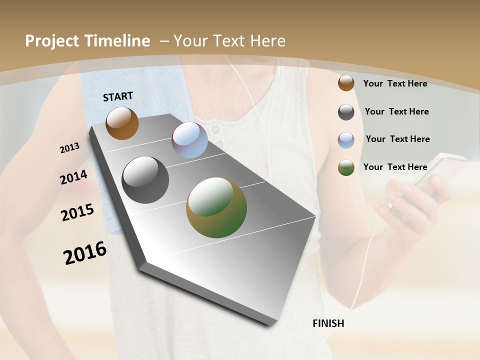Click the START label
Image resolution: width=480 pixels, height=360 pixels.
coord(118,96)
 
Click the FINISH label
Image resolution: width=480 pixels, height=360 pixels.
coord(328,323)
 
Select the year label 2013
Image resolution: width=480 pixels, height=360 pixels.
coord(69,148)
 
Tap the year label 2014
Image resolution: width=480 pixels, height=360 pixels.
coord(73,177)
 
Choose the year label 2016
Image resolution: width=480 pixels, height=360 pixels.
coord(85,252)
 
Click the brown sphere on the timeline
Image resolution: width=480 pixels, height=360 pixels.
coord(122,123)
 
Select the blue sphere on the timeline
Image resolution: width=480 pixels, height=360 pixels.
coord(190,140)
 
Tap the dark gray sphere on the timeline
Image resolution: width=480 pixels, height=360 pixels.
coord(145,180)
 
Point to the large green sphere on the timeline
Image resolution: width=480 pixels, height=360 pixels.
coord(216,207)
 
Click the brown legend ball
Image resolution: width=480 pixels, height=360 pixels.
coord(346,83)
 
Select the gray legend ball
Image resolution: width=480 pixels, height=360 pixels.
coord(346,112)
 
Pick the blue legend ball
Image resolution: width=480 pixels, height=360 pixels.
coord(346,140)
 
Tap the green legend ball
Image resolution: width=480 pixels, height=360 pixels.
coord(346,167)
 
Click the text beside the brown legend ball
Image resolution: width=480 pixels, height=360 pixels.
coord(395,83)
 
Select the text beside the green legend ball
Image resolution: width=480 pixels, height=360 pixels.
coord(395,167)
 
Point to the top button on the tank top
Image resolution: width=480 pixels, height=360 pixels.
coord(216,130)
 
